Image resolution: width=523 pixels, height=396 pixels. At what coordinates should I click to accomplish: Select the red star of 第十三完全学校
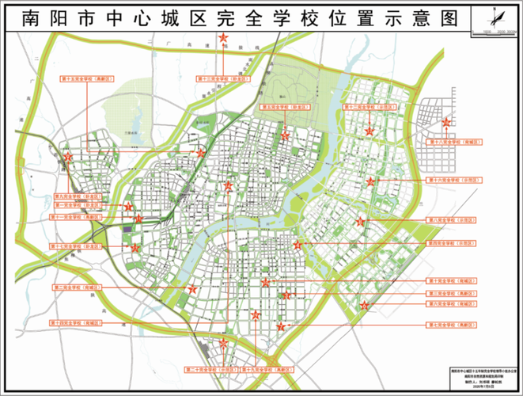[224, 40]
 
